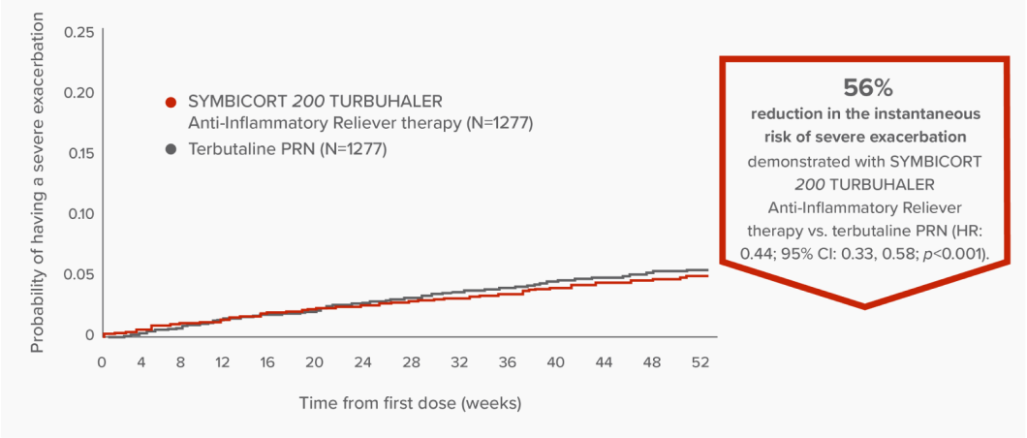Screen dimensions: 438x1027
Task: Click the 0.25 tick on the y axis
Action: (x=79, y=32)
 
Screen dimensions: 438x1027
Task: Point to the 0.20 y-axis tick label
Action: (x=79, y=93)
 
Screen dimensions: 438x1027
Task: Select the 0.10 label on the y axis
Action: (x=79, y=213)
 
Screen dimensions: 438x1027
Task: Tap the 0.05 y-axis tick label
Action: (x=79, y=274)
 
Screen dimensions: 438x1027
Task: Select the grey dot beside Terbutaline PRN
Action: (x=171, y=150)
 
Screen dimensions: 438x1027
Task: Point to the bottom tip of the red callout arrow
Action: (x=864, y=307)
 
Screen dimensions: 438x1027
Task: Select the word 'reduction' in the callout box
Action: (x=788, y=113)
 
